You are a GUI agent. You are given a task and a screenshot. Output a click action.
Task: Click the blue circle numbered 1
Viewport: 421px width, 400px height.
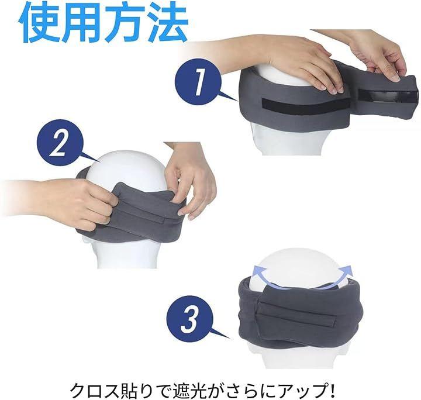pyautogui.click(x=198, y=82)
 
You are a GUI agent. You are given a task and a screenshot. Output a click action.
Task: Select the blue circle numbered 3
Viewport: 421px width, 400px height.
pyautogui.click(x=190, y=319)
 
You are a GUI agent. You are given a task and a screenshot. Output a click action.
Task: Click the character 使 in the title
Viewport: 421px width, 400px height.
pyautogui.click(x=40, y=22)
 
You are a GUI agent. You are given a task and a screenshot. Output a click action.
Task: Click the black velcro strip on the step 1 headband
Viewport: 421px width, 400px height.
pyautogui.click(x=306, y=104)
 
